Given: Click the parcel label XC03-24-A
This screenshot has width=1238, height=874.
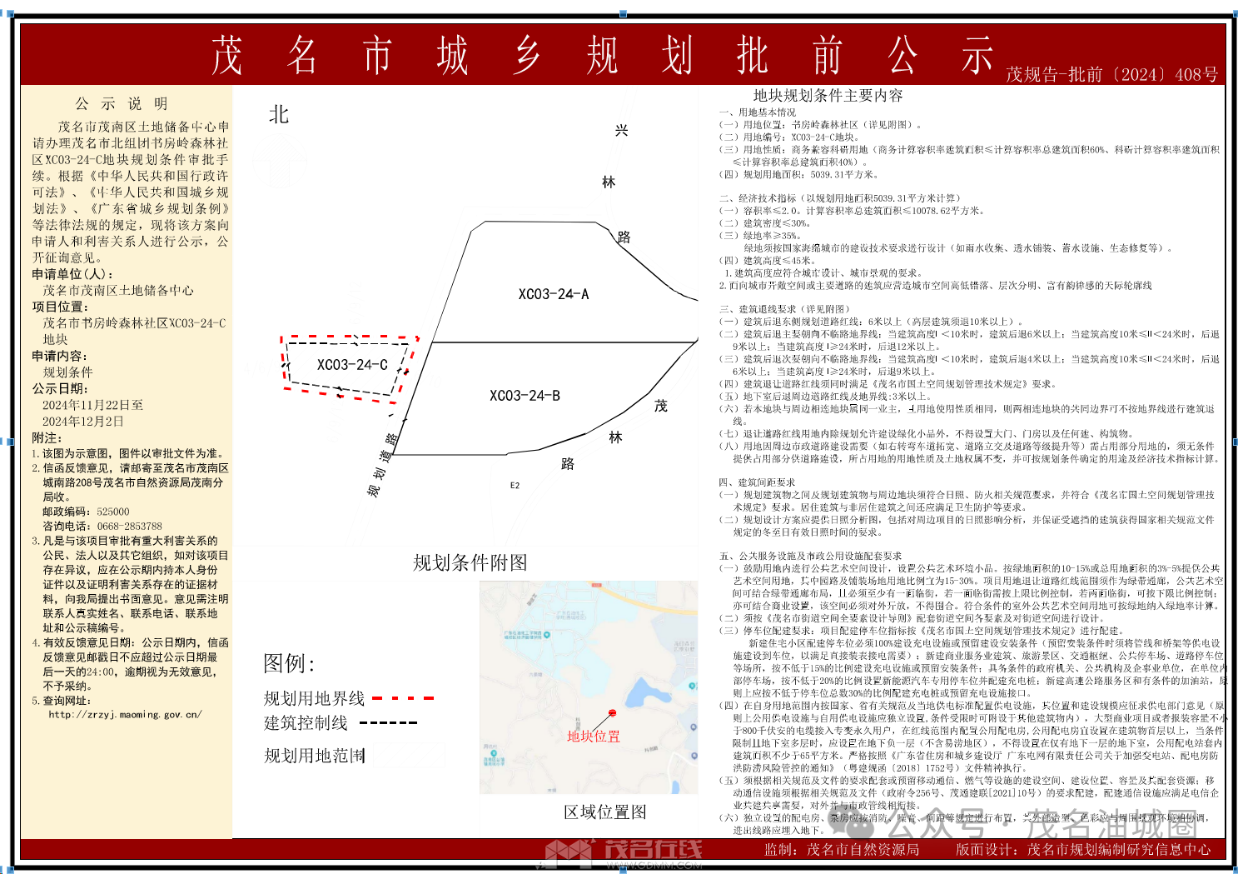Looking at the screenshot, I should [x=553, y=294].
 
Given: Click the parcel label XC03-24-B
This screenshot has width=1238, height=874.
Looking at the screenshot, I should [x=525, y=396].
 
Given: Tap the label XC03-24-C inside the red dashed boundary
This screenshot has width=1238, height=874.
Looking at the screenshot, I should [x=352, y=365].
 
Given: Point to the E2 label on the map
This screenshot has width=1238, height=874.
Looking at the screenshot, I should [x=515, y=486].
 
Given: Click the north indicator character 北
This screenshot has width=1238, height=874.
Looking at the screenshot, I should [x=279, y=115].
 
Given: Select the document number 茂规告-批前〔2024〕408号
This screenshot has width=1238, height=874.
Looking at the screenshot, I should [x=1111, y=74].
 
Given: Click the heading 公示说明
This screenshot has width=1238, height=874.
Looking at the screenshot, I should [x=122, y=104].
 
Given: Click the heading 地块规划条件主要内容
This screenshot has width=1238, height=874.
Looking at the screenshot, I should [x=828, y=96].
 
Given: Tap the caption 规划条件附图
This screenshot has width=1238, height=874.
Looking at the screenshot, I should [x=470, y=563].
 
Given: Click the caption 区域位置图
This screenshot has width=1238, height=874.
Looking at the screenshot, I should [x=604, y=812].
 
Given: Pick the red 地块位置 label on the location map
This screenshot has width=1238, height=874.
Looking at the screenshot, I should [x=594, y=737].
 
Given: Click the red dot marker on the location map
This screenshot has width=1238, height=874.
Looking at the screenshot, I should [x=613, y=713].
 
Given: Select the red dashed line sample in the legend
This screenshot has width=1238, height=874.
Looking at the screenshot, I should [x=404, y=698].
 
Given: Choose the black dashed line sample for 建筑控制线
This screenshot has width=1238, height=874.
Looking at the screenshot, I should [x=388, y=723].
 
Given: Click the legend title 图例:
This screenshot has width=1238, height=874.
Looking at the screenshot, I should [x=289, y=664].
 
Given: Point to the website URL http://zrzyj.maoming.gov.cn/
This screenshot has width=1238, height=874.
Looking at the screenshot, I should [x=125, y=715].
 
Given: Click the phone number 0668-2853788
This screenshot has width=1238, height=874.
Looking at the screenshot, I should [x=129, y=527].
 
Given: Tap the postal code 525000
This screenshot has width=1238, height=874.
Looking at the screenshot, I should [x=112, y=512].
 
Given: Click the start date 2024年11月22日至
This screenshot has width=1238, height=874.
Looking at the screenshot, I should [x=92, y=405].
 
